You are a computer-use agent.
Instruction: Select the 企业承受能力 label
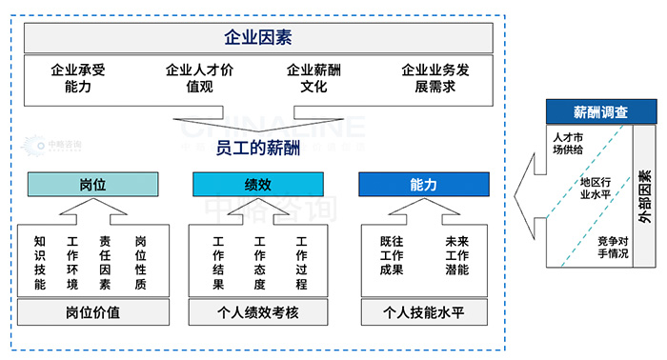pyautogui.click(x=78, y=78)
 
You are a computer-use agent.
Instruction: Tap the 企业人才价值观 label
pyautogui.click(x=199, y=78)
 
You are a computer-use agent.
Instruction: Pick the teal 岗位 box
pyautogui.click(x=92, y=184)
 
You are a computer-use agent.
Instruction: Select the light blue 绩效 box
pyautogui.click(x=257, y=184)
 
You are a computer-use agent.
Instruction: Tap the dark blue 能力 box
pyautogui.click(x=423, y=184)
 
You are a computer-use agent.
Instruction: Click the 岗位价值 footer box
pyautogui.click(x=92, y=311)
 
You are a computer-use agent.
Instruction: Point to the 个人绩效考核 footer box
pyautogui.click(x=257, y=311)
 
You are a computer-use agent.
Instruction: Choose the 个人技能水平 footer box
pyautogui.click(x=423, y=311)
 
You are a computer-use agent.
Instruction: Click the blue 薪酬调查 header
pyautogui.click(x=600, y=111)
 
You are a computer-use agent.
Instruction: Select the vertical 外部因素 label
pyautogui.click(x=646, y=196)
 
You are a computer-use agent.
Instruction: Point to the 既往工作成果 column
pyautogui.click(x=392, y=256)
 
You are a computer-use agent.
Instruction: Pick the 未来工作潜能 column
pyautogui.click(x=455, y=256)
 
